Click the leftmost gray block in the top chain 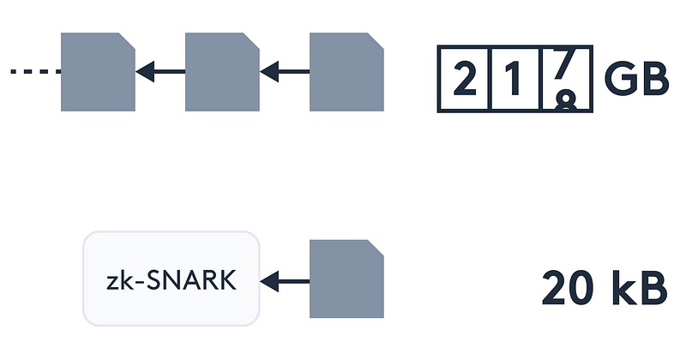point(98,72)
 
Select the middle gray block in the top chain point(222,72)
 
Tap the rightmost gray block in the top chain point(346,72)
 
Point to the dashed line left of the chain point(36,71)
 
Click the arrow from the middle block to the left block point(160,71)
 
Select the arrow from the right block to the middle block point(285,71)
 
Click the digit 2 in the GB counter point(465,78)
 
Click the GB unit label point(636,78)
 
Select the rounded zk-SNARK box point(171,279)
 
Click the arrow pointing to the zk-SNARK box point(285,281)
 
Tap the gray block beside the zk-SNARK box point(346,279)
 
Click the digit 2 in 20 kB point(555,287)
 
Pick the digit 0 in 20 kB point(587,287)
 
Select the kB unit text point(640,287)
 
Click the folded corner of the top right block point(376,40)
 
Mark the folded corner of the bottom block point(376,248)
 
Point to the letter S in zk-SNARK point(153,280)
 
